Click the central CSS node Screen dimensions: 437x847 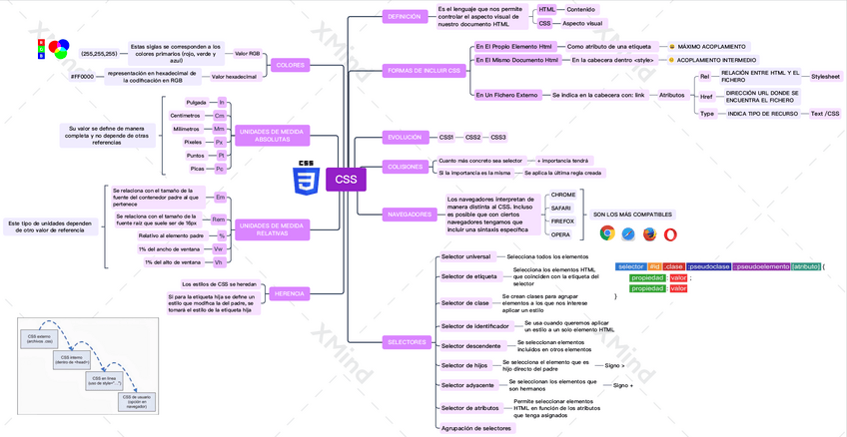(346, 180)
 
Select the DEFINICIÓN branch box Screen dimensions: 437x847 (404, 16)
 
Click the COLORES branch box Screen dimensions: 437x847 (289, 64)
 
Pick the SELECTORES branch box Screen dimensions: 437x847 (406, 342)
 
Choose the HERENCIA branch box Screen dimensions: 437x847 (289, 293)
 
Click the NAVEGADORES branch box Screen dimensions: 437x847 (410, 214)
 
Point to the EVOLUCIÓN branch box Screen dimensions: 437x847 (405, 137)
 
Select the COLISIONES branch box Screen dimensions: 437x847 (406, 166)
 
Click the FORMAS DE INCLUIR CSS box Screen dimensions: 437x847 (425, 71)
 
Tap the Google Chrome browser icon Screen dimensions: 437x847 (606, 233)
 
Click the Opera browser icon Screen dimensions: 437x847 (670, 233)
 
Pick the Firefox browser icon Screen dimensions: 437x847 (649, 233)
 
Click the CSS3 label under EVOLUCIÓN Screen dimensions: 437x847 (497, 137)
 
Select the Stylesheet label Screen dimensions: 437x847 (825, 76)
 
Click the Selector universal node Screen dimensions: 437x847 (465, 256)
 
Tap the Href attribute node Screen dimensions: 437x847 (706, 97)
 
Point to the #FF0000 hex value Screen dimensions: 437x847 (82, 76)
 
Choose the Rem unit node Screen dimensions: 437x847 (218, 218)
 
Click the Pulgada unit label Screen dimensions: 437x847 (196, 102)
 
